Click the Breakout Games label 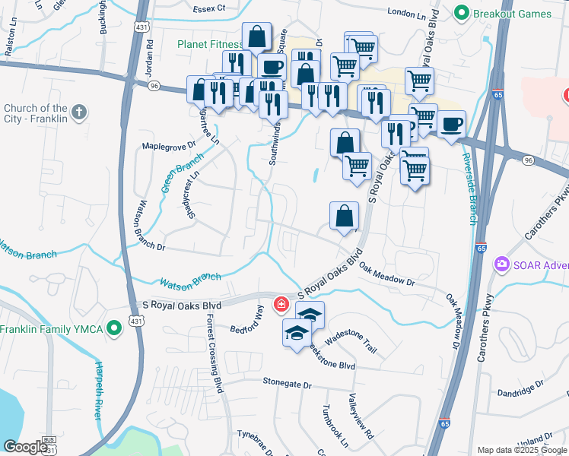(513, 13)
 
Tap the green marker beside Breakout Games (460, 13)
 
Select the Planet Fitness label (209, 44)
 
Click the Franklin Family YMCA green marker (114, 329)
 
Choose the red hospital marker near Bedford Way (281, 305)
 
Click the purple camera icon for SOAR (501, 264)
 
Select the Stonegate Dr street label (288, 385)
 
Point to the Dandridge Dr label (518, 389)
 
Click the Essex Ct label (211, 8)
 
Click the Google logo (25, 447)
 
